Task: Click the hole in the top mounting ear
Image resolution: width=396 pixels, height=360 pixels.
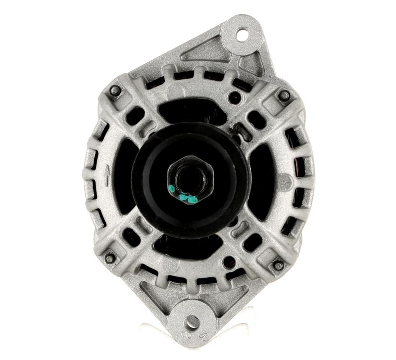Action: click(x=242, y=35)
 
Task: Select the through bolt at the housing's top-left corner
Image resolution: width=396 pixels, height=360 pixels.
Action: click(x=115, y=90)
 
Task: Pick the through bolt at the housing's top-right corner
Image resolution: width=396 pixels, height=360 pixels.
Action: click(x=284, y=95)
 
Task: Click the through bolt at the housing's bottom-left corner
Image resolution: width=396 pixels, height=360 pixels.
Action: click(x=109, y=258)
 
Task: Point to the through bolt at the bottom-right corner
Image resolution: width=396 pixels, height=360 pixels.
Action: click(x=278, y=265)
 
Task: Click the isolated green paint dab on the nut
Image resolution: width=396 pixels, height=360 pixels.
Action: click(x=171, y=188)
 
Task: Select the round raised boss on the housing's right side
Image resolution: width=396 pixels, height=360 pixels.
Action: click(x=284, y=182)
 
